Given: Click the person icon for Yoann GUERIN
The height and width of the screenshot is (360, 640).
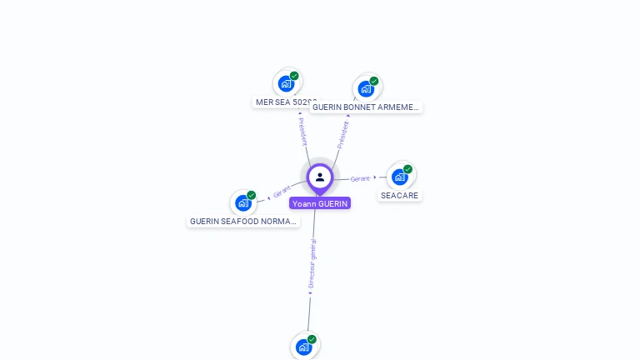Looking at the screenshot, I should [x=320, y=177].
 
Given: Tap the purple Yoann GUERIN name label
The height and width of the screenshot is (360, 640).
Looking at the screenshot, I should [x=320, y=203].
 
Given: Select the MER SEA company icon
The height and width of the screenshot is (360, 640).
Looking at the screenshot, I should [x=286, y=83].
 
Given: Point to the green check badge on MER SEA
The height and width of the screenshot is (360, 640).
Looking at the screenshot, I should [x=294, y=76].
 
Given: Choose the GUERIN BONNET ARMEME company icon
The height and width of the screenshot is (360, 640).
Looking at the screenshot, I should [x=366, y=88].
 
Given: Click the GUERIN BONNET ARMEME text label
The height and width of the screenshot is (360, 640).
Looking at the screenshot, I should [x=366, y=107].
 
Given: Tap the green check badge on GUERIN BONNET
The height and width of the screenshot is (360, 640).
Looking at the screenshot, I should [x=374, y=81].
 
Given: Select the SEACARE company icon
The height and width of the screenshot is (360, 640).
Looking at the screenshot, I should [x=400, y=177].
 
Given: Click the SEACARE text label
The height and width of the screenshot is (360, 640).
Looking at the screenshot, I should [x=400, y=196].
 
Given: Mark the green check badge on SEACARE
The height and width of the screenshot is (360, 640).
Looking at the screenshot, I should [x=407, y=169].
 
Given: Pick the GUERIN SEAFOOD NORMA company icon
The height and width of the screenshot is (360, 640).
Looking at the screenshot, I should [x=243, y=202].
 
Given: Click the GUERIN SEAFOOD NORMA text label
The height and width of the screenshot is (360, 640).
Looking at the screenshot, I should [x=243, y=222].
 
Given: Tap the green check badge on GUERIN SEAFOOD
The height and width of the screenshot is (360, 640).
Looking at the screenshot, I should [x=252, y=195].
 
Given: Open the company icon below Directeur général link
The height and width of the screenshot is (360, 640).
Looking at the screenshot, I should [x=304, y=347].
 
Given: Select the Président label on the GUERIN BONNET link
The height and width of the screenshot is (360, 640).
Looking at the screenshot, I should [x=342, y=134].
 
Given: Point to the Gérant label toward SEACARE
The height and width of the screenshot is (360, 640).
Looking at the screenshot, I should [x=360, y=178].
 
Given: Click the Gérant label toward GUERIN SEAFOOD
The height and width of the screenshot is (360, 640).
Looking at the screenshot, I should [x=282, y=192].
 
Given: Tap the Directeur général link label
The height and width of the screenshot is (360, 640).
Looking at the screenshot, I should [x=312, y=263].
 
